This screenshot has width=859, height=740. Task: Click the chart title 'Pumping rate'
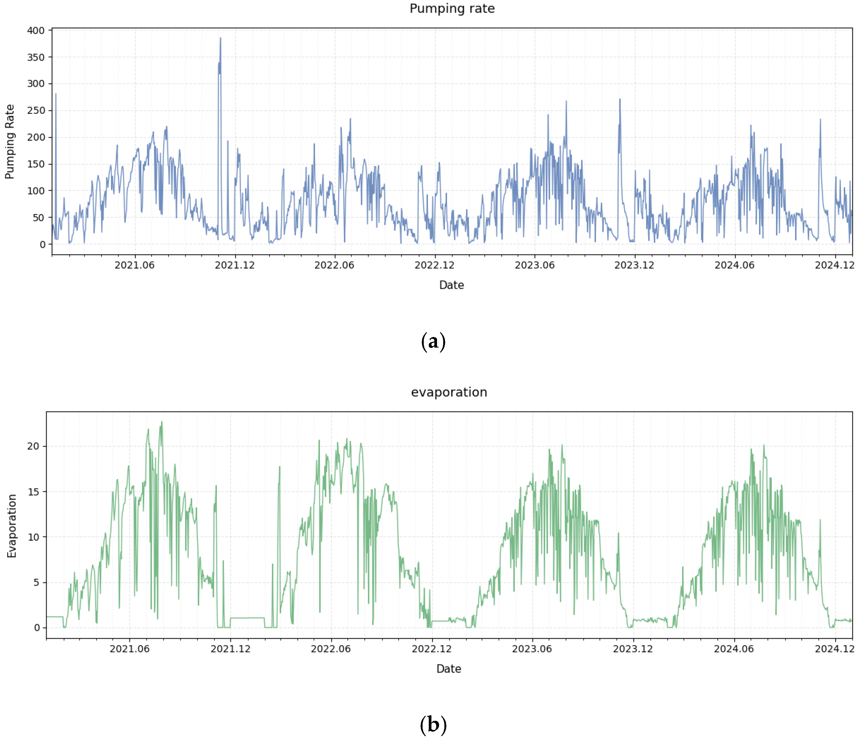452,9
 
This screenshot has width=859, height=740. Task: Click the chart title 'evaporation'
449,392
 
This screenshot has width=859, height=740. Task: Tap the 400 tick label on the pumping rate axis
36,30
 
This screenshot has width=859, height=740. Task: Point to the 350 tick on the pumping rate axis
36,57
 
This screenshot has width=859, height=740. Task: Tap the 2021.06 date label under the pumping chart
134,265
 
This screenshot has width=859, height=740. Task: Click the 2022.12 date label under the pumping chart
434,265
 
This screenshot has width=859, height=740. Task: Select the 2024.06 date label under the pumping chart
734,265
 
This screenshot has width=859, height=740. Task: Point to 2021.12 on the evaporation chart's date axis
230,649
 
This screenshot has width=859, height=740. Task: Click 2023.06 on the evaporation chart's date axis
532,649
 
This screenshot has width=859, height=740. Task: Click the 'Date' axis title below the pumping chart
451,285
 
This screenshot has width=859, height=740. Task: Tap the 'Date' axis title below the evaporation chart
449,669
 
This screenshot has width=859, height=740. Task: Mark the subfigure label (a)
433,341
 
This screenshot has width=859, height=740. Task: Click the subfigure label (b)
433,725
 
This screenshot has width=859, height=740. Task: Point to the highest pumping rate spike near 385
220,38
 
